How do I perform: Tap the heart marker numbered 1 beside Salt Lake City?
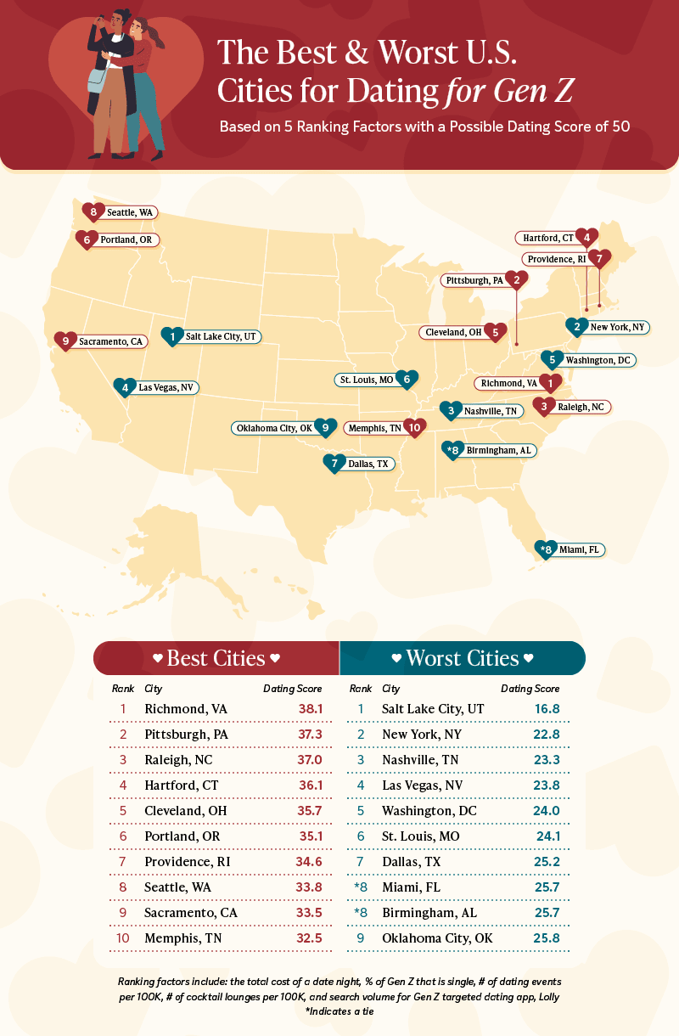(173, 337)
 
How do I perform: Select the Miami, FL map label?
(579, 550)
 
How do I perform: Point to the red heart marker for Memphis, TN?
(414, 429)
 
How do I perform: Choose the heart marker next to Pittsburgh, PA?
(513, 279)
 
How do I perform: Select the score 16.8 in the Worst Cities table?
(544, 708)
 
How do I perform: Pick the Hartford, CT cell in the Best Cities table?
(182, 785)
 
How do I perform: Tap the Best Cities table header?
(216, 659)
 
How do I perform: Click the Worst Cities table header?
(463, 659)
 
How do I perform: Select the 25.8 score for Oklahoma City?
(544, 938)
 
